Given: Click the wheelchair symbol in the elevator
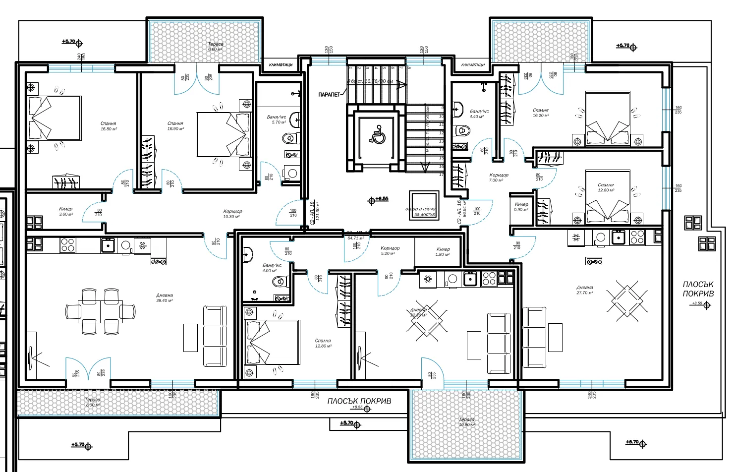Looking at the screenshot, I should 377,135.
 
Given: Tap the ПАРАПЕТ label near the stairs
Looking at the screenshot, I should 330,94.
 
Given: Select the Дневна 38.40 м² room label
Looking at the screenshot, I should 165,298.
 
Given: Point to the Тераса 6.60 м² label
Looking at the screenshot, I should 215,47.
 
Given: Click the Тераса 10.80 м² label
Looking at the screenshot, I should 466,422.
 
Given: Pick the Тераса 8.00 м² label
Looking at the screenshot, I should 92,402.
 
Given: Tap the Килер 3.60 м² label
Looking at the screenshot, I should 65,212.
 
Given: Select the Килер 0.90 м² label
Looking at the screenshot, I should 521,207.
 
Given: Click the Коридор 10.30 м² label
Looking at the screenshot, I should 232,214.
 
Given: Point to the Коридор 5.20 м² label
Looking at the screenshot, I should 390,250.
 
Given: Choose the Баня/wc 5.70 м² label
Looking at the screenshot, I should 276,119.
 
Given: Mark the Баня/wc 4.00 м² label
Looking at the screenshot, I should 272,268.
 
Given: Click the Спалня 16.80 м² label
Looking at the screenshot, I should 108,126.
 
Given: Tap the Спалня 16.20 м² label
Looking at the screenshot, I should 540,113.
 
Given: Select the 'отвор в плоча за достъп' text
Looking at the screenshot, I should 420,212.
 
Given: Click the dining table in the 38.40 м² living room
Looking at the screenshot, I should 101,311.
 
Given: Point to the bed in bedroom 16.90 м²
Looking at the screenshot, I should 223,134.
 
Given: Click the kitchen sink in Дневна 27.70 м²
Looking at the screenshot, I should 618,237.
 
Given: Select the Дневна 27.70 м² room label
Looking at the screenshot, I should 584,290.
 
